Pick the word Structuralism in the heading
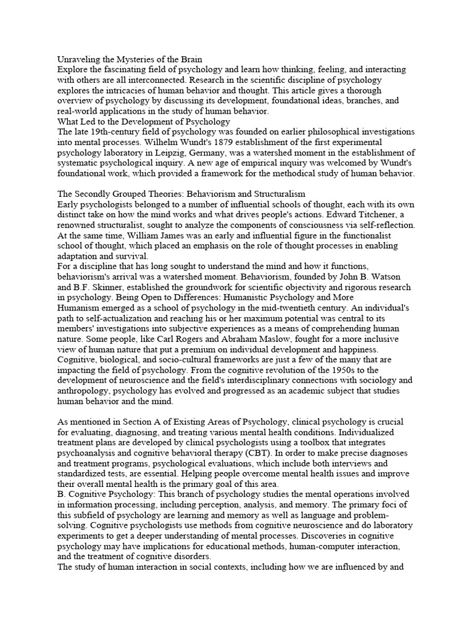[x=275, y=194]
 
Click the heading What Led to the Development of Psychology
[x=143, y=122]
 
